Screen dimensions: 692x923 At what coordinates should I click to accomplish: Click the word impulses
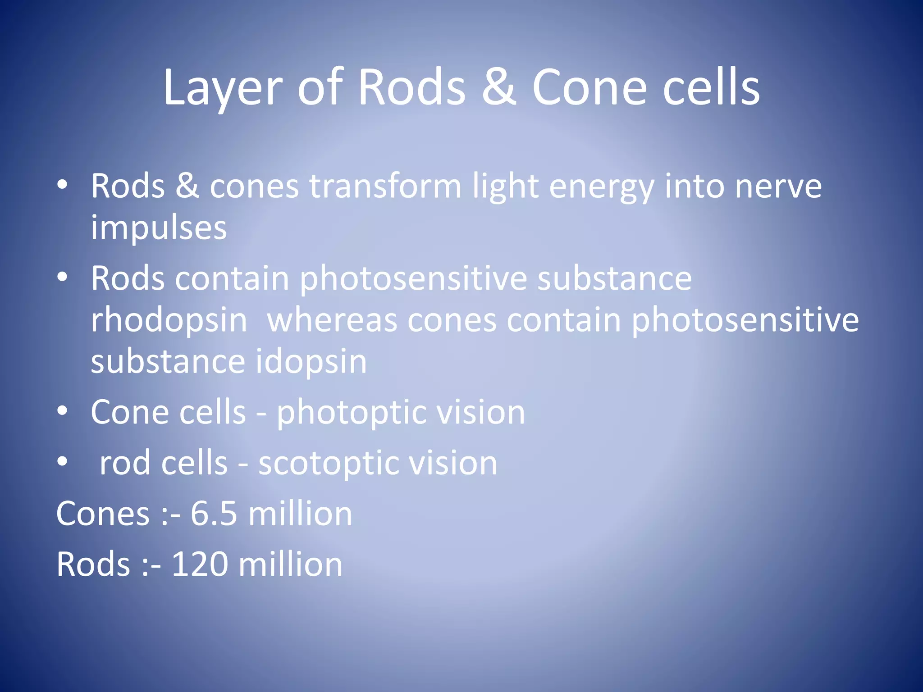click(x=159, y=229)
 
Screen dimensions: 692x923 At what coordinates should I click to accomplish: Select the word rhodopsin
click(x=169, y=321)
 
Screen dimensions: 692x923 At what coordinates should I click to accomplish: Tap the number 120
click(x=199, y=564)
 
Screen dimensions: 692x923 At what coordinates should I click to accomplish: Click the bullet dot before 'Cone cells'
click(x=62, y=411)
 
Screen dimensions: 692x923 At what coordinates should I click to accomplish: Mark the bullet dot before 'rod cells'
click(x=62, y=461)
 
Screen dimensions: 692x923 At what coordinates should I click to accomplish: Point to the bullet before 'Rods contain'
click(x=62, y=277)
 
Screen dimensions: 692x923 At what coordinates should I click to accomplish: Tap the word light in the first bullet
click(x=505, y=187)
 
